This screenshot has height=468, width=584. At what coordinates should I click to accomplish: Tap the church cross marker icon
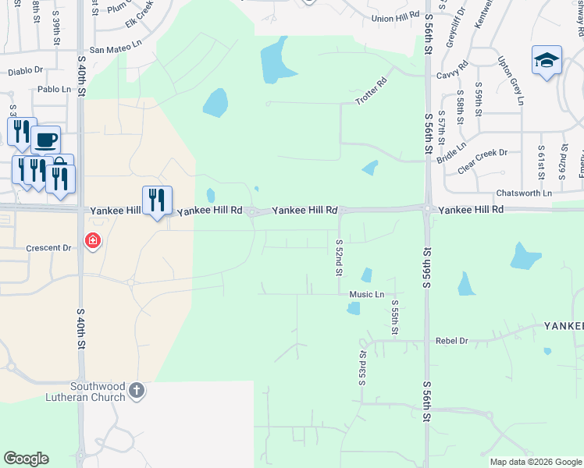[x=137, y=390]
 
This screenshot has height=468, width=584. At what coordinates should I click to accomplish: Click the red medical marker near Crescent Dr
[x=93, y=240]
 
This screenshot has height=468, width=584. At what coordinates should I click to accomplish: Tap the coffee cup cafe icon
[x=46, y=140]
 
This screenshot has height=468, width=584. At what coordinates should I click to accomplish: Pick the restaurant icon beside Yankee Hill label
[x=157, y=200]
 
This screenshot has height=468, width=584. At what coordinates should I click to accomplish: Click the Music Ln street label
[x=367, y=295]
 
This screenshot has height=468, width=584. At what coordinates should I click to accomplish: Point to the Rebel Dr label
[x=452, y=341]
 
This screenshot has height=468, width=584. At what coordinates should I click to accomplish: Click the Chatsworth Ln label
[x=524, y=193]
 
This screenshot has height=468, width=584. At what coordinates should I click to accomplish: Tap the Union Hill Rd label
[x=396, y=17]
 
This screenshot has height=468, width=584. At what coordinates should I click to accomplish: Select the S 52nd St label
[x=339, y=257]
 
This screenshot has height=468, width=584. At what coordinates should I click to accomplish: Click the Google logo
[x=26, y=459]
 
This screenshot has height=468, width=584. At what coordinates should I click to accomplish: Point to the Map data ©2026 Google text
[x=536, y=462]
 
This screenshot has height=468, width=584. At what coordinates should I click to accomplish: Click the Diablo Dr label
[x=26, y=71]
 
